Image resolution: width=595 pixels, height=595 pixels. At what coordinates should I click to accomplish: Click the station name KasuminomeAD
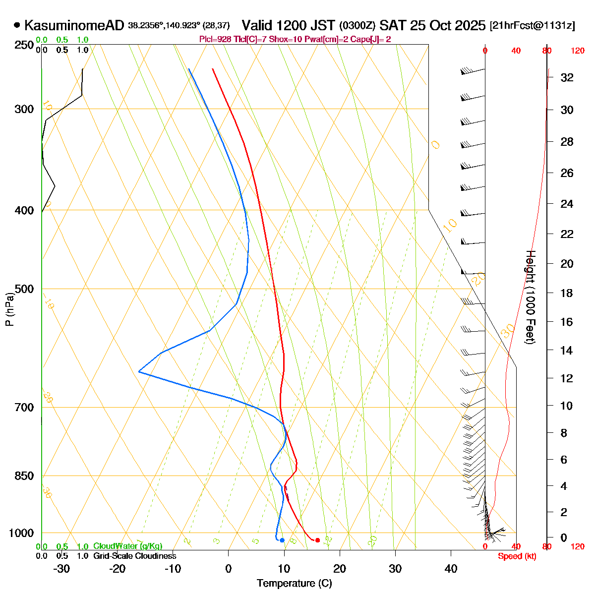pos(74,25)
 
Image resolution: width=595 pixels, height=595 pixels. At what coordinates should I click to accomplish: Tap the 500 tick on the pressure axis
pos(25,289)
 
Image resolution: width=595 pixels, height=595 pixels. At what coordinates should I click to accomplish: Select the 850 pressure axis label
pos(25,476)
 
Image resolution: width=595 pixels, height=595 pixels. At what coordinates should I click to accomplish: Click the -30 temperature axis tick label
pos(61,569)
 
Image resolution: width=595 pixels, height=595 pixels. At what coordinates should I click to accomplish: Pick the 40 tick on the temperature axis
pos(451,569)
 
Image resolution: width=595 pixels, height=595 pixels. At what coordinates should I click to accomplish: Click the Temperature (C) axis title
pos(294,584)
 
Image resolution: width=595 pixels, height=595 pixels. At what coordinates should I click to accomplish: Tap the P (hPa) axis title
pos(9,308)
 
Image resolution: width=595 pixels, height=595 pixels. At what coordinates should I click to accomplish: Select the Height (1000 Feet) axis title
pos(530,297)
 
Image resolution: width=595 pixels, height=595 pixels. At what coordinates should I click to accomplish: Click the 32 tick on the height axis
pos(567,77)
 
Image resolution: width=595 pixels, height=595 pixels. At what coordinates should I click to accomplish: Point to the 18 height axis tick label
pos(567,293)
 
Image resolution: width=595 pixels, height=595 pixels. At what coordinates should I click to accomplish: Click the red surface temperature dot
pos(317,540)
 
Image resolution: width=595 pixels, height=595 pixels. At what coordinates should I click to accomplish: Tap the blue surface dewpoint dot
pos(282,540)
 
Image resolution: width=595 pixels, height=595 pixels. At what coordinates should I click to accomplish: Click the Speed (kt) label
pos(517,556)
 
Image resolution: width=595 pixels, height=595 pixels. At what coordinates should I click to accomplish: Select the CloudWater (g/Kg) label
pos(127,546)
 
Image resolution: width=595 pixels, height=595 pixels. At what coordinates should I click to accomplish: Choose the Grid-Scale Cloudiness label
pos(134,556)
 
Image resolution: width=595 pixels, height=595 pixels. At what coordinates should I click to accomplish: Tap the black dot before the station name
pos(17,25)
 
